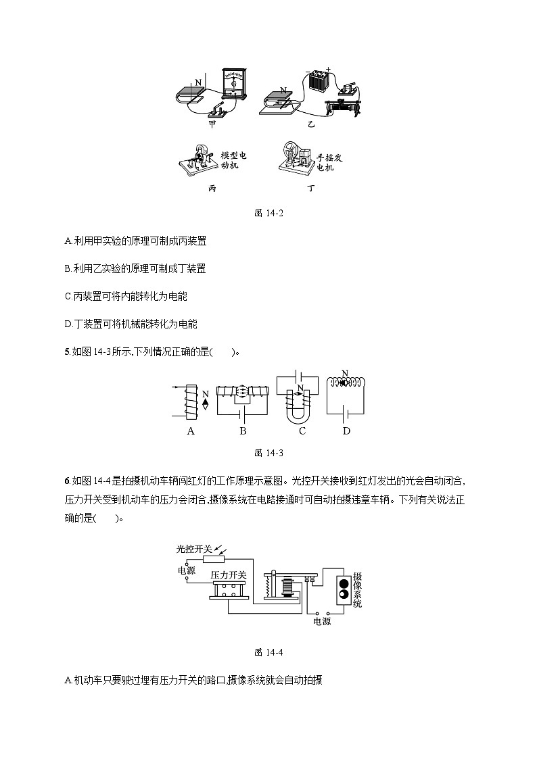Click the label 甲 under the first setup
[212, 125]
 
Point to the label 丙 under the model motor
[212, 189]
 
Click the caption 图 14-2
[268, 213]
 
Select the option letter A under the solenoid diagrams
[191, 431]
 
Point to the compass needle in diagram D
[345, 383]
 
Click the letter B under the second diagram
[242, 431]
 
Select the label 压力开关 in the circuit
[228, 574]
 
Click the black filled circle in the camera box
[344, 583]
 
